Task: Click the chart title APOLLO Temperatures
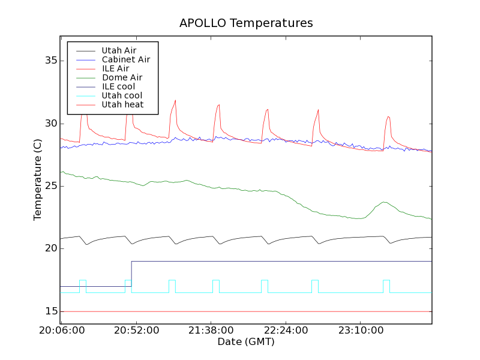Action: point(246,23)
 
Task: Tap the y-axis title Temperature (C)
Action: point(38,180)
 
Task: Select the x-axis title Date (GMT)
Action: point(246,342)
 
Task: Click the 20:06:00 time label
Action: point(62,331)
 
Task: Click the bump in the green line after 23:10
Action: point(383,202)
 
